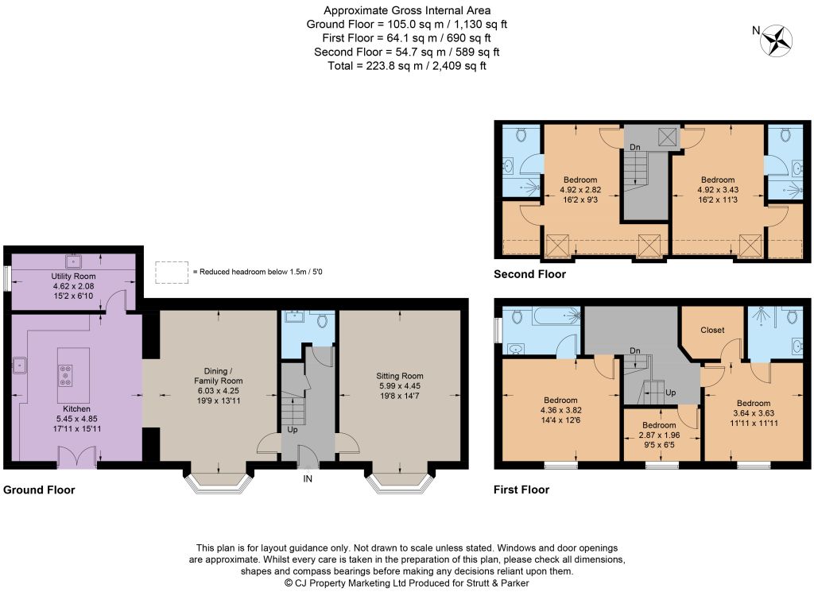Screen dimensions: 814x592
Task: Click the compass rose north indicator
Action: pyautogui.click(x=777, y=40)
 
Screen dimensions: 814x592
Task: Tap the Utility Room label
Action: pyautogui.click(x=73, y=276)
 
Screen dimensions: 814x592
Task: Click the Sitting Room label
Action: pyautogui.click(x=400, y=376)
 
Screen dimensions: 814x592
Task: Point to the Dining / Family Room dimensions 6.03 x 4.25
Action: pyautogui.click(x=218, y=391)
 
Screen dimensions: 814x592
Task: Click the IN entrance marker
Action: pyautogui.click(x=308, y=479)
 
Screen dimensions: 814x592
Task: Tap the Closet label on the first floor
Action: pyautogui.click(x=712, y=330)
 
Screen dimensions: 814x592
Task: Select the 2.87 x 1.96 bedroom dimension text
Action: pyautogui.click(x=659, y=435)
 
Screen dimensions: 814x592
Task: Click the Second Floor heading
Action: pyautogui.click(x=529, y=274)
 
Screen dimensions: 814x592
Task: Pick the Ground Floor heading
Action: pyautogui.click(x=39, y=489)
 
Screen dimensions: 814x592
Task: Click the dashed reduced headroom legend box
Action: pyautogui.click(x=172, y=272)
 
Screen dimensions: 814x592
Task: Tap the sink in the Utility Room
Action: pyautogui.click(x=73, y=260)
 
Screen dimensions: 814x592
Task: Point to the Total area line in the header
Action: pyautogui.click(x=407, y=66)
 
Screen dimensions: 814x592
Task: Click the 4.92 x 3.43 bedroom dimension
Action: pyautogui.click(x=718, y=190)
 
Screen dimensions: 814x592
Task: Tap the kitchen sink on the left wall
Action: pyautogui.click(x=20, y=366)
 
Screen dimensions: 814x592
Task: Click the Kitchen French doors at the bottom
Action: pyautogui.click(x=77, y=459)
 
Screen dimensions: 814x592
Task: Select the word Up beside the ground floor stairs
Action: pyautogui.click(x=293, y=430)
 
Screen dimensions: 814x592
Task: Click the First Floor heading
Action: pyautogui.click(x=521, y=489)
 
